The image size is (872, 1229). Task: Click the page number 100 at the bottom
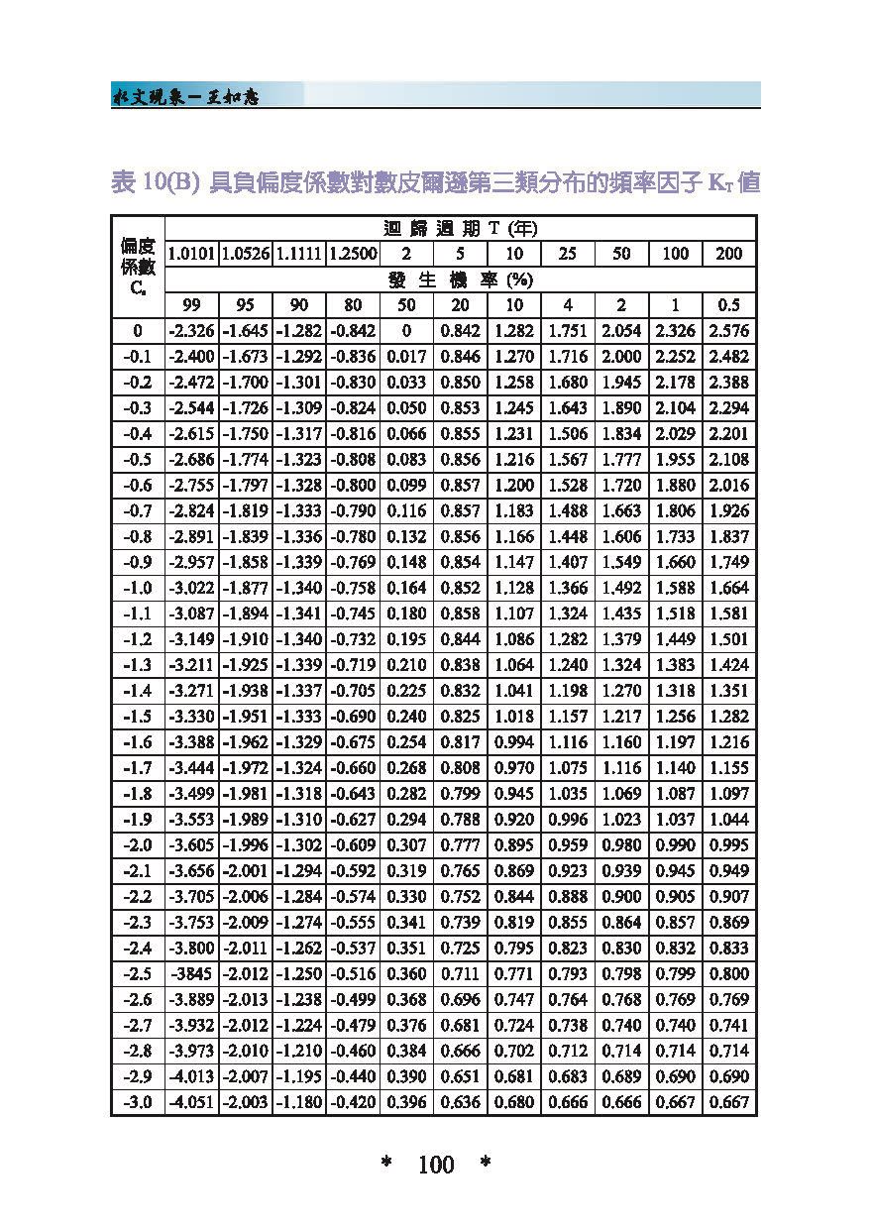(x=436, y=1165)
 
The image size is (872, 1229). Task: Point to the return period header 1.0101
(x=191, y=254)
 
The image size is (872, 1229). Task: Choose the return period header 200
(x=728, y=254)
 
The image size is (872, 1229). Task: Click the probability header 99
(x=191, y=305)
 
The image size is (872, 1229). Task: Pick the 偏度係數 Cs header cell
(x=138, y=267)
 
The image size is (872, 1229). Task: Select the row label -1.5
(x=138, y=717)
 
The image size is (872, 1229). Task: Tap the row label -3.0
(x=138, y=1102)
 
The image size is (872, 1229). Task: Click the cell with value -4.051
(x=191, y=1102)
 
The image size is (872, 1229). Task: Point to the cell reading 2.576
(x=728, y=331)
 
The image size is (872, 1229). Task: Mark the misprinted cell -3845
(x=191, y=974)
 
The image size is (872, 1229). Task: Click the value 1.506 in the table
(x=567, y=434)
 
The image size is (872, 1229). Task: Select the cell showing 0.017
(x=406, y=357)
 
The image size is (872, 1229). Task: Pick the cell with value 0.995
(x=728, y=845)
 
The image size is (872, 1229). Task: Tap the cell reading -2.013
(x=245, y=999)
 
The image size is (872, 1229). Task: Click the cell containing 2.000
(x=621, y=357)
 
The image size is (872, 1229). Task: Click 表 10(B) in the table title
(x=158, y=184)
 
